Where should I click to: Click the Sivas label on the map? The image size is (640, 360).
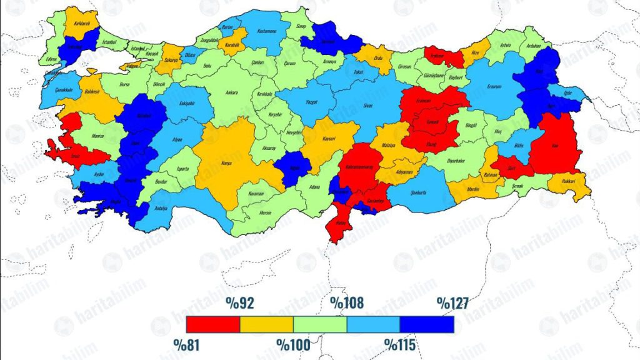pos(367,106)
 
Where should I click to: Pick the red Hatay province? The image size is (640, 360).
pos(340,229)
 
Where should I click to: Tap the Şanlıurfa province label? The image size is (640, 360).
pos(417,193)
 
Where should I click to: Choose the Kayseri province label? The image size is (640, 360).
pos(329,138)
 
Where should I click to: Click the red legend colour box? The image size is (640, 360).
pos(213,324)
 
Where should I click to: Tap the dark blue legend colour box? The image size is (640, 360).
pos(427,324)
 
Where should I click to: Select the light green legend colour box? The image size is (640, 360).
pos(320,324)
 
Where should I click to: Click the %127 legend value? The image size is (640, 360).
pos(452,304)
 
